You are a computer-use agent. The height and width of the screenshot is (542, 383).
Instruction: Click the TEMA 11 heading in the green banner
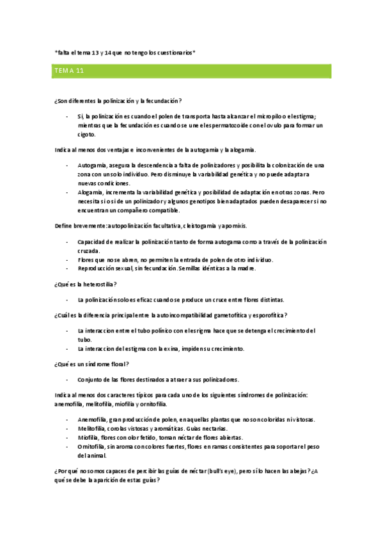click(x=68, y=71)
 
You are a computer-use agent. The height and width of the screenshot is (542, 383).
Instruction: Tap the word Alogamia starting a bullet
click(x=90, y=192)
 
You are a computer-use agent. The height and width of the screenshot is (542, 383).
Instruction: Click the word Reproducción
click(x=97, y=268)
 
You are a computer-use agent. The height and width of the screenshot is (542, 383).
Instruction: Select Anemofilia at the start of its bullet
click(x=92, y=419)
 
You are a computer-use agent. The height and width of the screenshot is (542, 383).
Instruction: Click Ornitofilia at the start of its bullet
click(x=92, y=446)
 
